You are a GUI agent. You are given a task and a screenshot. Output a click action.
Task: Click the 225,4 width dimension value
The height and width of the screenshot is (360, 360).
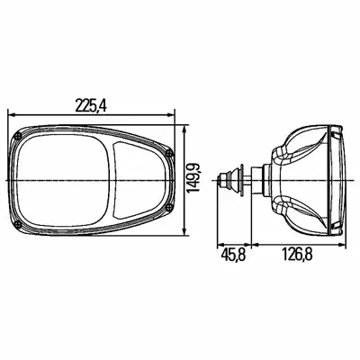tap(91, 106)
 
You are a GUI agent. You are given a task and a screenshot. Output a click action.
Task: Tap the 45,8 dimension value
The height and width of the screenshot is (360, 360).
tap(234, 256)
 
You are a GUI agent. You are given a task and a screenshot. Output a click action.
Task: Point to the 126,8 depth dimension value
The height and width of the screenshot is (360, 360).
tap(297, 256)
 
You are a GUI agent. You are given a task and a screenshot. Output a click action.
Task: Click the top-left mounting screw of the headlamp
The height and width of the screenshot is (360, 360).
tap(18, 135)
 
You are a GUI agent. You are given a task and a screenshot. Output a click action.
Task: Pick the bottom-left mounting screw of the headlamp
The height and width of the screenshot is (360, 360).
tap(18, 224)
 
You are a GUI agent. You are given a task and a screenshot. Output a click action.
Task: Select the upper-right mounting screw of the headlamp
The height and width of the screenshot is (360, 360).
tap(170, 153)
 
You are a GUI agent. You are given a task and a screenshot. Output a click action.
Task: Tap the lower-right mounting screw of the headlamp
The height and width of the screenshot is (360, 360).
tap(170, 206)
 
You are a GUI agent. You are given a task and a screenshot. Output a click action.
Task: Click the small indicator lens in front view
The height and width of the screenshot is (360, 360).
tap(139, 180)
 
